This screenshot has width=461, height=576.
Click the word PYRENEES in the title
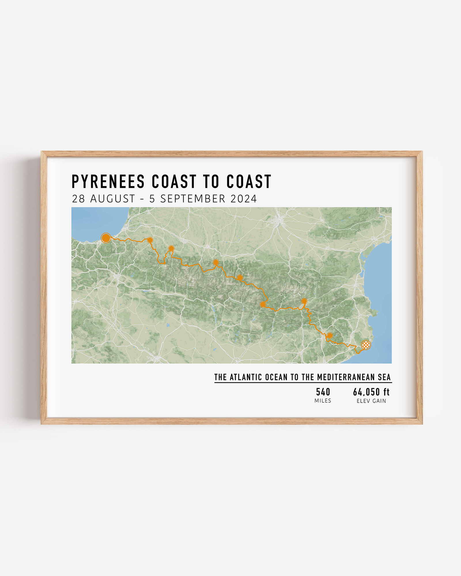pos(108,181)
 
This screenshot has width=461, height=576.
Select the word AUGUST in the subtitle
pos(113,199)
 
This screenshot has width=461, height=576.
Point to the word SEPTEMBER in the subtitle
pos(193,199)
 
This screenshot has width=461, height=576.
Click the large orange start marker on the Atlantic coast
pos(106,238)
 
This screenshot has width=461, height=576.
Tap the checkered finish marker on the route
pos(366,345)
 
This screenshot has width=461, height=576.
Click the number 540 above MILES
pos(323,392)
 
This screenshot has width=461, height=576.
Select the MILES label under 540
pos(323,401)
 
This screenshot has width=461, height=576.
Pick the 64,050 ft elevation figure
pos(371,392)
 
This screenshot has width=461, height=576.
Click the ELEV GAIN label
pos(371,401)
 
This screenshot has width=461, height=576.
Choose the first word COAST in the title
pos(174,181)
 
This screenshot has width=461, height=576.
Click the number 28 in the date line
pos(78,199)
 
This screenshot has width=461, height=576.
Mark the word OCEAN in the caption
pos(276,377)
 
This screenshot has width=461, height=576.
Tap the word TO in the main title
pos(211,181)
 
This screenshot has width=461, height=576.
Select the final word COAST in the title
pos(249,181)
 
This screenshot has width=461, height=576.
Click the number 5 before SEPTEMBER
pos(152,199)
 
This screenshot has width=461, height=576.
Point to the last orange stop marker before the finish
pos(330,335)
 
